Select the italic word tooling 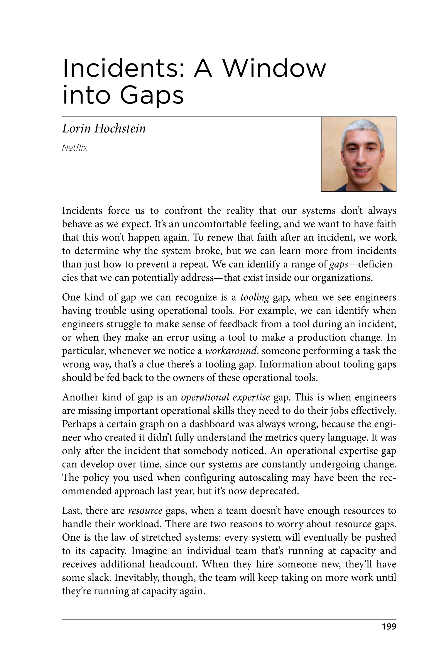click(255, 297)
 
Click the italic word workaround click(231, 351)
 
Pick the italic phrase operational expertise click(225, 397)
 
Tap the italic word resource click(145, 511)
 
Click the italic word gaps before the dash click(338, 264)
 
